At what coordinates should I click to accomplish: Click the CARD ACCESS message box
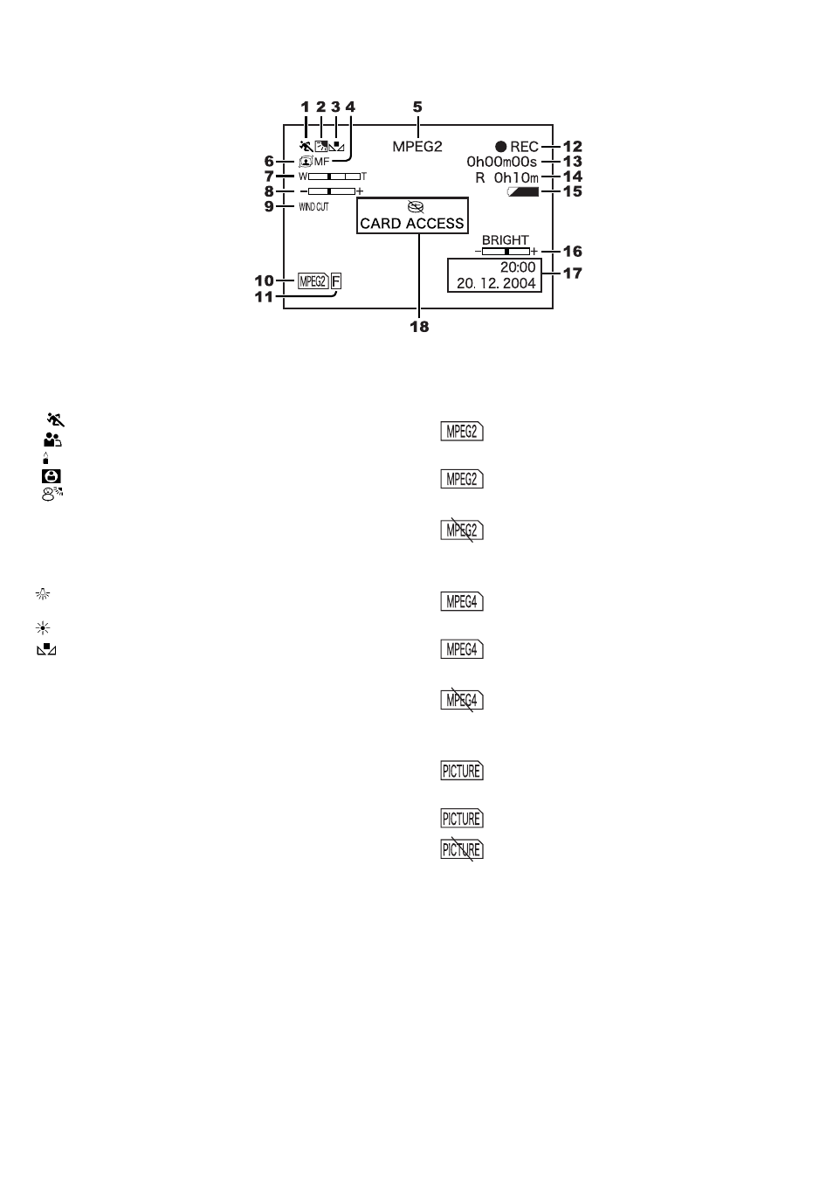(412, 216)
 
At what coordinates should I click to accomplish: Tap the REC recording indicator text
(524, 147)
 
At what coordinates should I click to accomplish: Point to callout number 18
(419, 327)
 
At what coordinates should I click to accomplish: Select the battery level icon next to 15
(523, 192)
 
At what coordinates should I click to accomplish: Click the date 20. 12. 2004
(496, 283)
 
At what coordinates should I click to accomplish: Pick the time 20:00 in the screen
(518, 267)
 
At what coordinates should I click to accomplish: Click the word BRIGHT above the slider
(505, 240)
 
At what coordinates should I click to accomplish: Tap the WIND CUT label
(313, 207)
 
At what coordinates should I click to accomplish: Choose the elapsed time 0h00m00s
(501, 162)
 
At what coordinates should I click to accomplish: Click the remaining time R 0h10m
(506, 177)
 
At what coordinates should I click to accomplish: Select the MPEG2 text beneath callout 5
(417, 147)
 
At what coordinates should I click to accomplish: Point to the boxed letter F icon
(336, 281)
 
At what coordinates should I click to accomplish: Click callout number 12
(573, 147)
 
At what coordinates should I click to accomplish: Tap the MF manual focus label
(321, 162)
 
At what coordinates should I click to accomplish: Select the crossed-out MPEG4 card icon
(462, 701)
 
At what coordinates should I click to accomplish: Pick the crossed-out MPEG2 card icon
(462, 530)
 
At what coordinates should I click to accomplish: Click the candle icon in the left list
(46, 458)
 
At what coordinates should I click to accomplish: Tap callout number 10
(264, 280)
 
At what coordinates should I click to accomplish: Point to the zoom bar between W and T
(334, 177)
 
